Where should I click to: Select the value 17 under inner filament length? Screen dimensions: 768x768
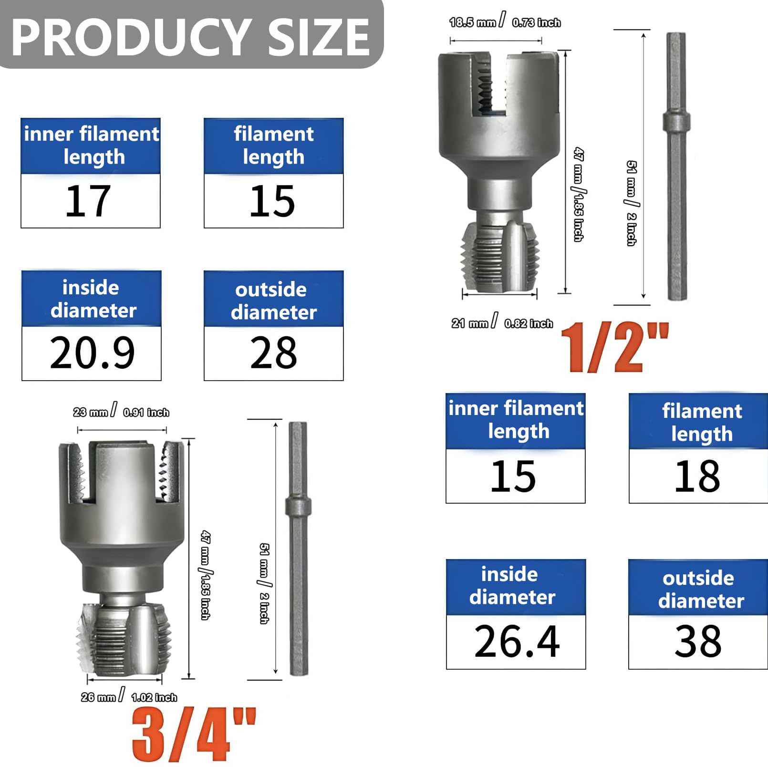[x=89, y=201]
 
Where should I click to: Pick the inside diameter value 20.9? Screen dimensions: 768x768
[x=92, y=353]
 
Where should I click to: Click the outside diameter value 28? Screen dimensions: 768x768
[x=273, y=353]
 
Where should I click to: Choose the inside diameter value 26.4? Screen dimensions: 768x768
[x=517, y=642]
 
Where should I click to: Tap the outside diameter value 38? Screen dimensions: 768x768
[x=697, y=642]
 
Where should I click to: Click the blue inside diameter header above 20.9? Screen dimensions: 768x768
[x=92, y=299]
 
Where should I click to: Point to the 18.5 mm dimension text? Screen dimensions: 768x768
[x=472, y=22]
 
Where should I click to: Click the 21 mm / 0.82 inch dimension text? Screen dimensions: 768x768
[x=502, y=323]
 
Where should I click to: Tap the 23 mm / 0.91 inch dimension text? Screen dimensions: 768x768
[x=121, y=412]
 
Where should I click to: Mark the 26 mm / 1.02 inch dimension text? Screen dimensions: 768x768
[x=129, y=697]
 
